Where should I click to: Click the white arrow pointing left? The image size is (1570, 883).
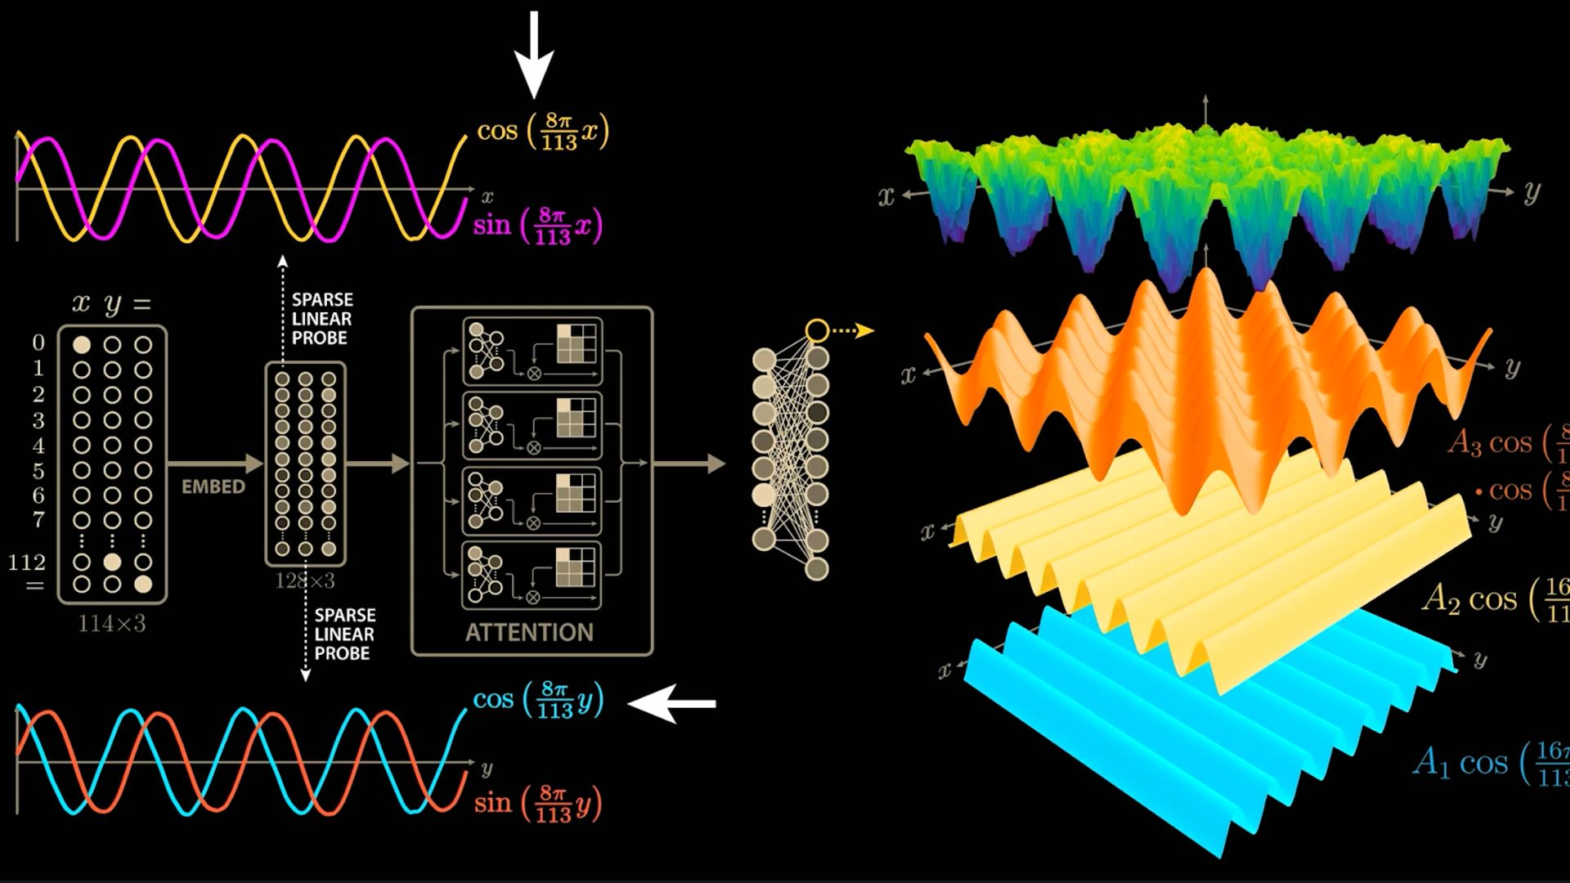pyautogui.click(x=672, y=703)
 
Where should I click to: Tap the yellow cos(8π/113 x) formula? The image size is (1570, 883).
pyautogui.click(x=543, y=131)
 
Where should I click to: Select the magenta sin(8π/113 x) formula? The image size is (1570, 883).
pyautogui.click(x=537, y=226)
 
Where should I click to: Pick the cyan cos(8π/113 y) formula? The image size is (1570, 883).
pyautogui.click(x=538, y=700)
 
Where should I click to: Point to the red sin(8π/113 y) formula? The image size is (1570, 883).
pyautogui.click(x=537, y=804)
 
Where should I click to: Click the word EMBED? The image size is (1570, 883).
pyautogui.click(x=213, y=487)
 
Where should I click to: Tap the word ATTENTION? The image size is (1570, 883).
pyautogui.click(x=529, y=632)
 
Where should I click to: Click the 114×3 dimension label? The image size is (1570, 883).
pyautogui.click(x=112, y=624)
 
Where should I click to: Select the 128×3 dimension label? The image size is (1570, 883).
pyautogui.click(x=305, y=581)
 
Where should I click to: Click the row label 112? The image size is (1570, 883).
pyautogui.click(x=27, y=563)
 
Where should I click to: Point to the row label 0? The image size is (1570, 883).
pyautogui.click(x=38, y=343)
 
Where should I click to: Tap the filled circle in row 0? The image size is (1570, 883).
pyautogui.click(x=82, y=345)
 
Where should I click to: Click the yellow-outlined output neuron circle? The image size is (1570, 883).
pyautogui.click(x=817, y=330)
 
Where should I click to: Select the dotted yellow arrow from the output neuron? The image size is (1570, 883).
pyautogui.click(x=853, y=330)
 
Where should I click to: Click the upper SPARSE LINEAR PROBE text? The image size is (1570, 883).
pyautogui.click(x=322, y=319)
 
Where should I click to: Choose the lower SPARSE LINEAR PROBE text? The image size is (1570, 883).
pyautogui.click(x=344, y=634)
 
